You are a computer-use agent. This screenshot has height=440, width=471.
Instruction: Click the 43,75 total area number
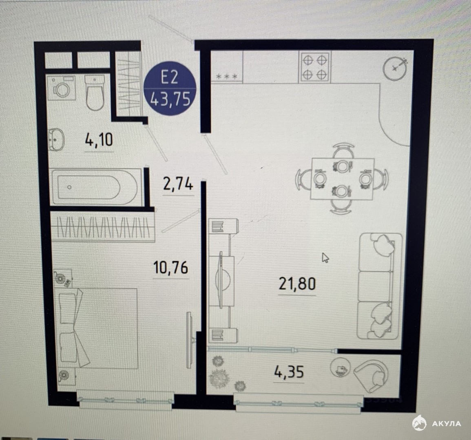170,99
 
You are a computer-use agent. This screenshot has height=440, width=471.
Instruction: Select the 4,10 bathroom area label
99,140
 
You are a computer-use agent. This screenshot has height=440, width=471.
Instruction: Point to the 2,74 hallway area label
178,184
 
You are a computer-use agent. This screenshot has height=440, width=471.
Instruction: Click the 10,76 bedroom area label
170,267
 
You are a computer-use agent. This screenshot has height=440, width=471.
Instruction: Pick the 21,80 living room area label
297,284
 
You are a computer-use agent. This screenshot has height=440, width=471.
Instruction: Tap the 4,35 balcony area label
289,372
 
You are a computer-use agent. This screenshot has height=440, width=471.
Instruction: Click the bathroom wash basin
56,140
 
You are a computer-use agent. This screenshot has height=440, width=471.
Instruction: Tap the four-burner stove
314,67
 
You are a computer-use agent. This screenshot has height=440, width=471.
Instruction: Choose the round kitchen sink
395,68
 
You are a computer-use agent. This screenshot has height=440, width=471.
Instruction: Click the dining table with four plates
342,179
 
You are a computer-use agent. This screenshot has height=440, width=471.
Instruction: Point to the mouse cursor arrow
325,257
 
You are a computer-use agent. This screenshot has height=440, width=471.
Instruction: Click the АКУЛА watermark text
447,423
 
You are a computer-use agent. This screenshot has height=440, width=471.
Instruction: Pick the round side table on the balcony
341,367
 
